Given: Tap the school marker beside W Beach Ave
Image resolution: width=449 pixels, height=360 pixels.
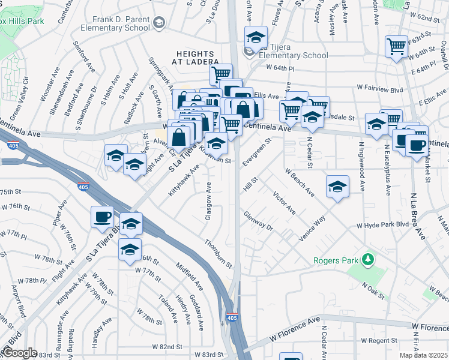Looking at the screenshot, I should pos(338,187).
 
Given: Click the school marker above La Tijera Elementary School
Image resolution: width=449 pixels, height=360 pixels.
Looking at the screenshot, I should pos(256,38).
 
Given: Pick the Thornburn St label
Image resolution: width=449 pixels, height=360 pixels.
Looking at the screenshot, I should pos(218,253).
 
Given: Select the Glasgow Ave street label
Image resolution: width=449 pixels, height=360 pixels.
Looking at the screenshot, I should pos(208,200).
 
